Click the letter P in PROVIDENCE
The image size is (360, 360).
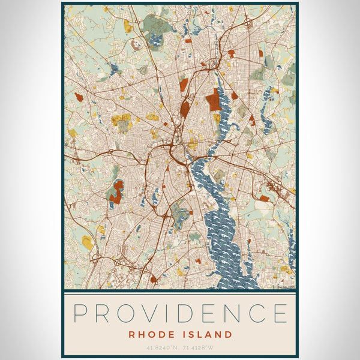(x=82, y=313)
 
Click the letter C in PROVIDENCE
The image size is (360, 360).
(x=254, y=313)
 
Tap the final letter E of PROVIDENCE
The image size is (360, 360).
(x=278, y=313)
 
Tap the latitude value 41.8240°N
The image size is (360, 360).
(x=161, y=347)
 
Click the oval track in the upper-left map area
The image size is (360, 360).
(x=136, y=43)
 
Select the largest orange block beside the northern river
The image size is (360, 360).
(x=213, y=98)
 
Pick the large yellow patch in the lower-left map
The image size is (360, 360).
(x=88, y=242)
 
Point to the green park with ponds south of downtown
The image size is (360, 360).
(x=179, y=212)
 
